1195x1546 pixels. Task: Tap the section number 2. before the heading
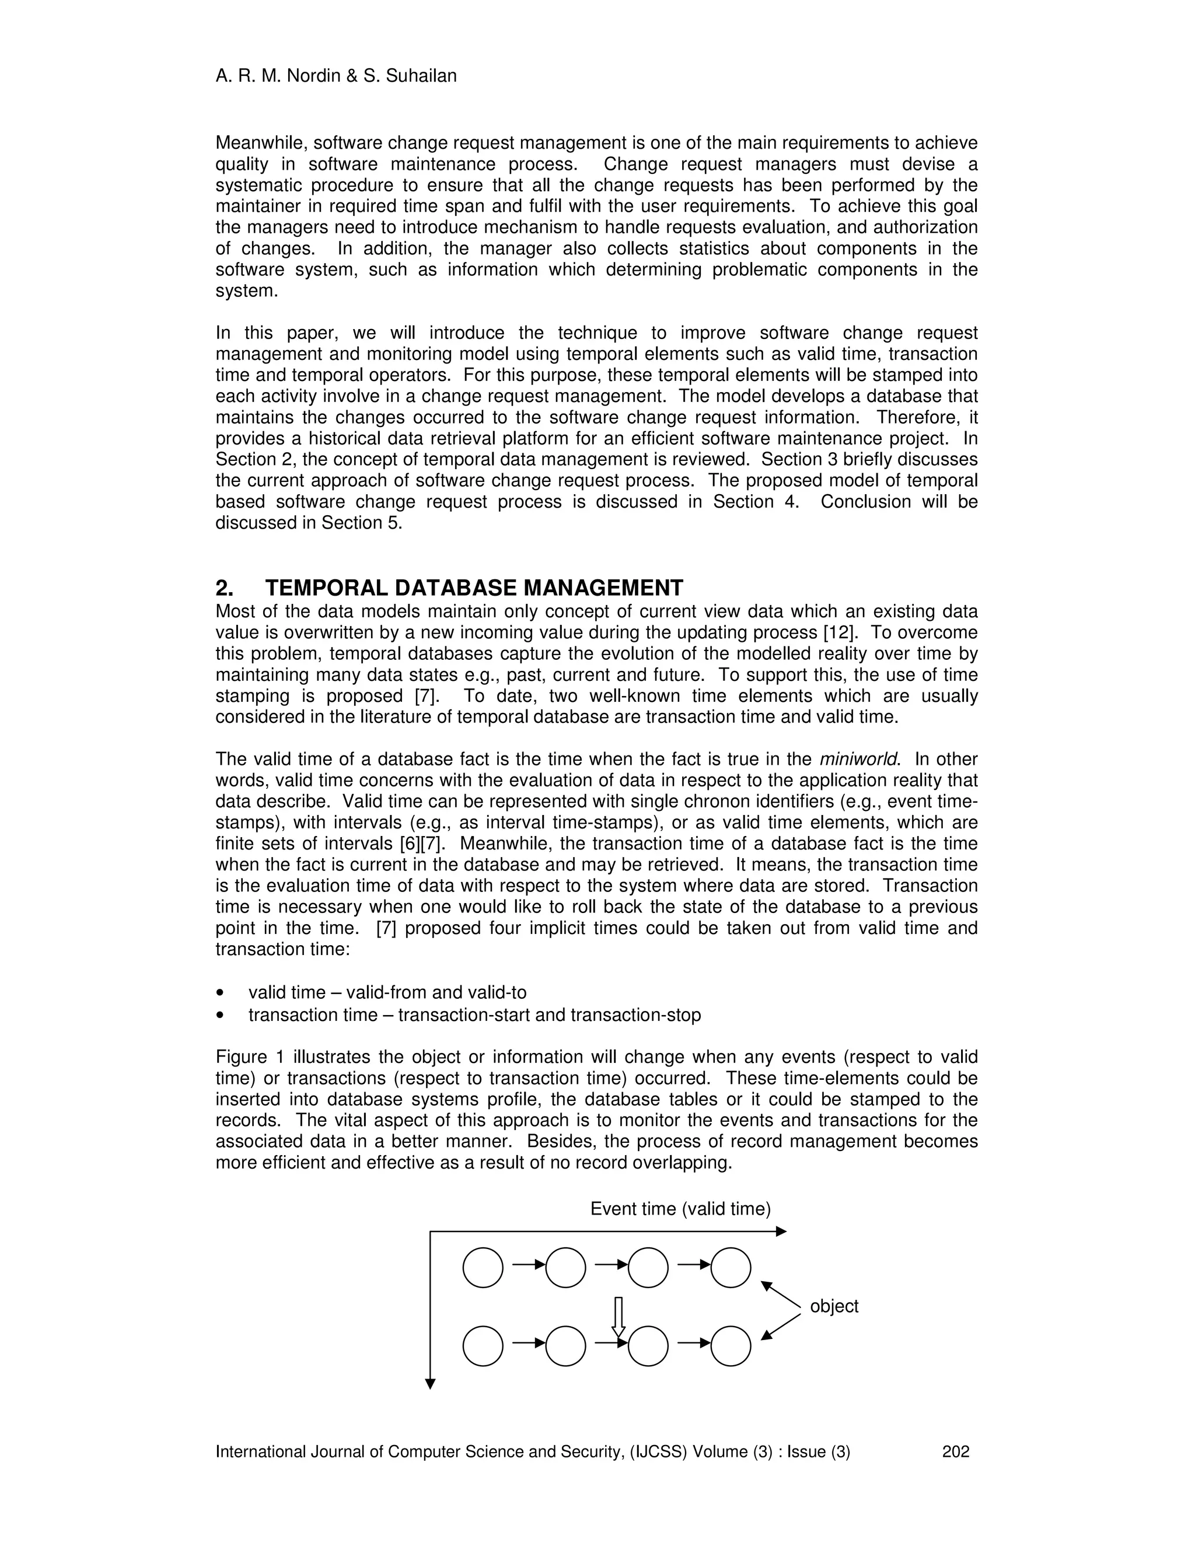click(225, 588)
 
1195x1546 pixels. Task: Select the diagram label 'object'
click(833, 1307)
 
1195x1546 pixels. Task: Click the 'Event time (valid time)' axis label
click(680, 1209)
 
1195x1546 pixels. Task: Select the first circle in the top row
click(483, 1268)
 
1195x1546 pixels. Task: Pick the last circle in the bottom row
click(730, 1346)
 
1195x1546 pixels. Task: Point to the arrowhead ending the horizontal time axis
click(781, 1232)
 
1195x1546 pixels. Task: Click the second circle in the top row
click(565, 1268)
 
